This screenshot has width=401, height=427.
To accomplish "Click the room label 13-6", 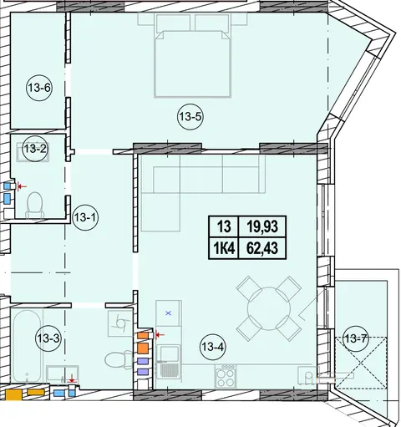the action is (x=39, y=89).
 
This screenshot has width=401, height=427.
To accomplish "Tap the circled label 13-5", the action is (x=190, y=117).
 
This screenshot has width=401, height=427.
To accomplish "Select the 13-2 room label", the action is (x=35, y=149).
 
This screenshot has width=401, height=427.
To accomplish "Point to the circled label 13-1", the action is (x=85, y=217).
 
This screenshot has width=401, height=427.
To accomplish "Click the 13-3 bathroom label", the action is (x=48, y=338).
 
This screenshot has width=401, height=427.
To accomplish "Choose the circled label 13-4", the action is (x=213, y=347).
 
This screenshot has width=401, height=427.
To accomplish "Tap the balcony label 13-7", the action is (x=355, y=339).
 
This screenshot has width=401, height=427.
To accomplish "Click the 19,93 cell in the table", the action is (x=262, y=226).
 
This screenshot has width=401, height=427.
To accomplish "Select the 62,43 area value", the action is (x=262, y=248).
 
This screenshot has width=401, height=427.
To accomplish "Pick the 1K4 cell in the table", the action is (x=224, y=248).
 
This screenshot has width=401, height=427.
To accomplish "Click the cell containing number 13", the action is (x=224, y=226).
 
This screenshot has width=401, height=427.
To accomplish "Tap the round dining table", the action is (x=269, y=308).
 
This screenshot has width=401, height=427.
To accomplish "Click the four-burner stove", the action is (x=226, y=376).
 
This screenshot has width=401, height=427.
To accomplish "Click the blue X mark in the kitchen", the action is (x=168, y=313).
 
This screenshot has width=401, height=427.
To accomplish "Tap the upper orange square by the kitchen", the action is (x=143, y=336).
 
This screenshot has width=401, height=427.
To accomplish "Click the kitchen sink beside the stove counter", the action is (x=168, y=360).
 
